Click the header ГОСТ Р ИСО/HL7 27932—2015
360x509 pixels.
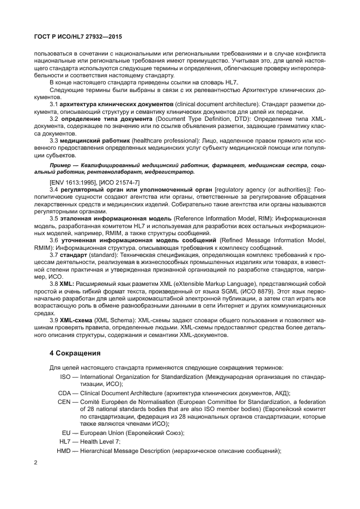coord(75,36)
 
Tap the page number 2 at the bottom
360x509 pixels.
coord(35,462)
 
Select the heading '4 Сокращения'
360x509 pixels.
coord(75,353)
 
